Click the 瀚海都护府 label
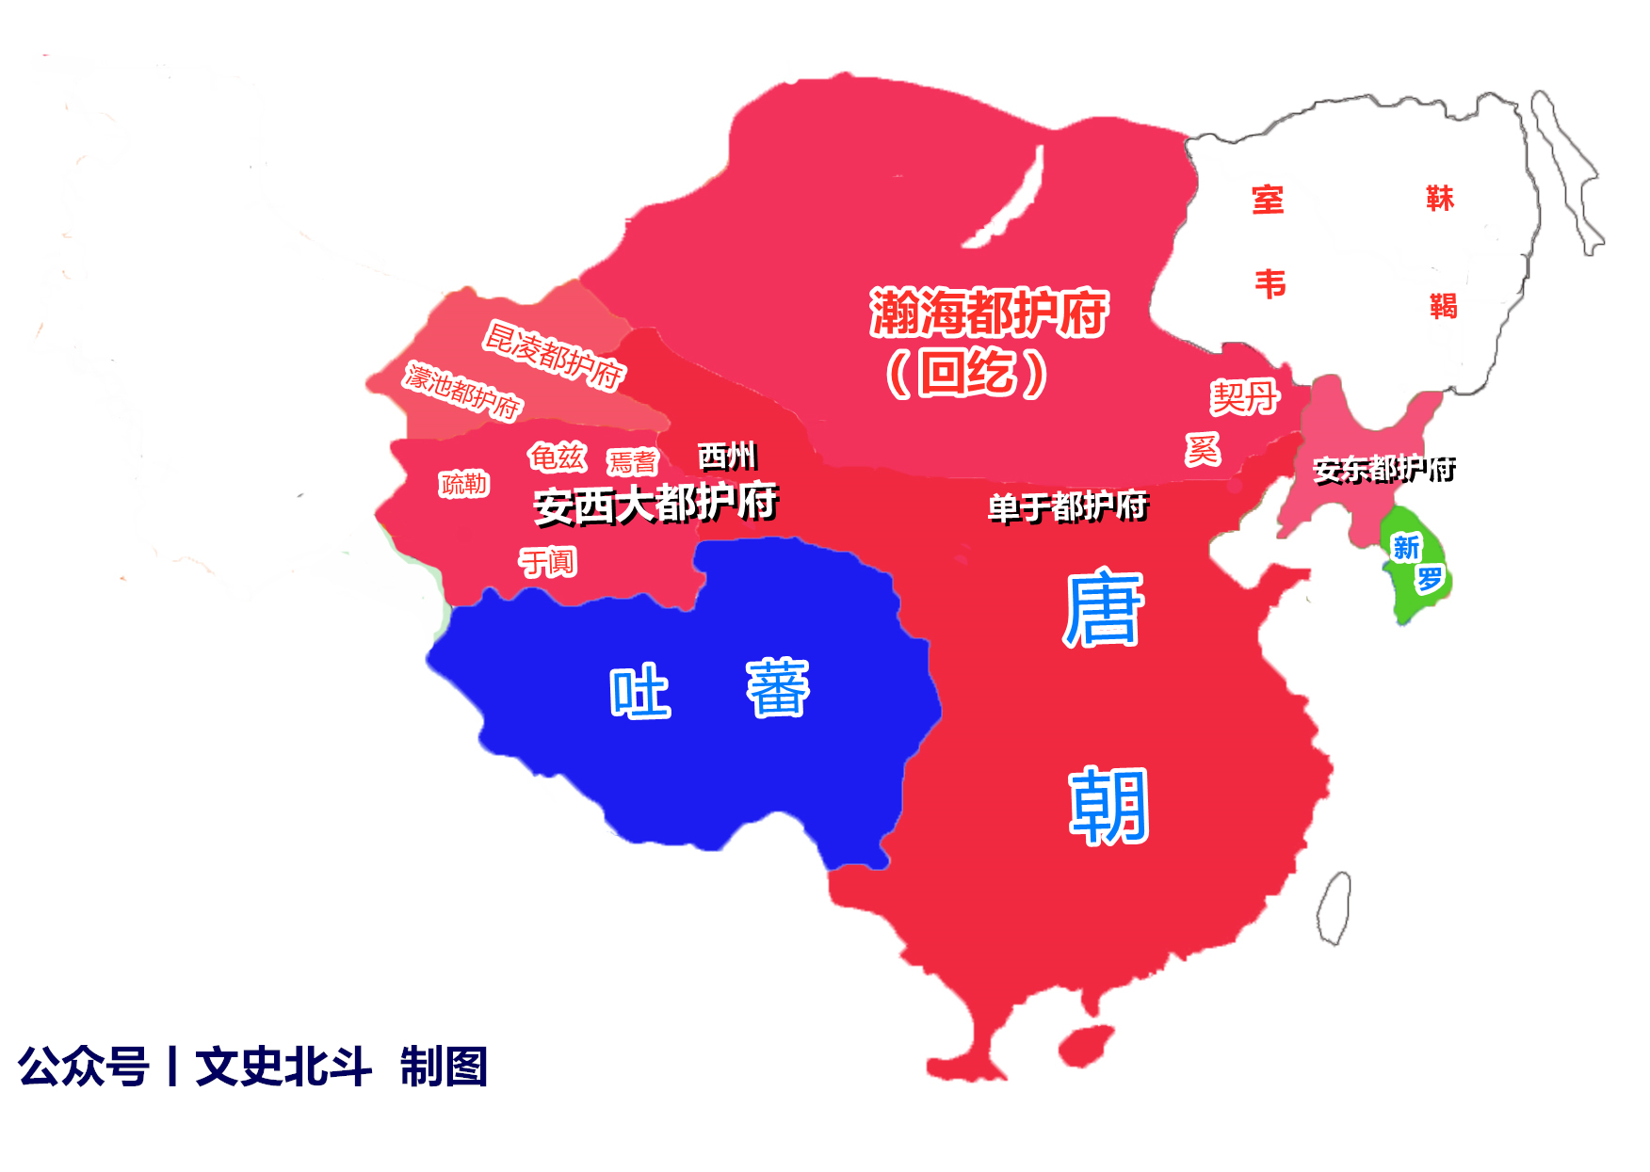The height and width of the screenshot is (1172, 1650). (x=988, y=313)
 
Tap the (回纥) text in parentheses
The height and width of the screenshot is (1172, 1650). (x=966, y=373)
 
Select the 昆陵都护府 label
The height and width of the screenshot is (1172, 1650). (x=554, y=355)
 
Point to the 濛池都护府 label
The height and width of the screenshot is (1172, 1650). (x=462, y=390)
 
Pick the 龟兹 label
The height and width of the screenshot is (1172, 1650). (x=557, y=458)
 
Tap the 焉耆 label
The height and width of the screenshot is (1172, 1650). (x=632, y=462)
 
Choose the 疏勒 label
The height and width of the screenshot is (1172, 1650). (x=464, y=484)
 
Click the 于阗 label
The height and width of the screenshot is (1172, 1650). (x=547, y=562)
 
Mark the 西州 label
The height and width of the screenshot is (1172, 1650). (x=727, y=456)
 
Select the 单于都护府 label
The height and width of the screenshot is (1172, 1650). (x=1067, y=507)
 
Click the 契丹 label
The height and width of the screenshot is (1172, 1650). (x=1244, y=397)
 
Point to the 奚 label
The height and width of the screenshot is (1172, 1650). (x=1203, y=449)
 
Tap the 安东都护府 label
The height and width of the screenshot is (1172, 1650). (x=1383, y=468)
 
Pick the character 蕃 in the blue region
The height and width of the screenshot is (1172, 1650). (x=778, y=688)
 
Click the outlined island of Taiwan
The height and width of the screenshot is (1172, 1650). (x=1335, y=907)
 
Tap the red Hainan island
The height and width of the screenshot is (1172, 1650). (x=1086, y=1046)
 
